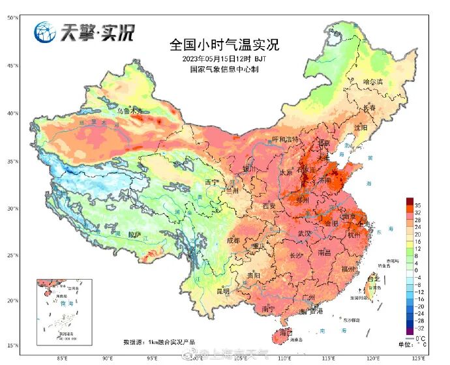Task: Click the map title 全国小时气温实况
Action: pyautogui.click(x=224, y=45)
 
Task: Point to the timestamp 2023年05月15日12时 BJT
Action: pyautogui.click(x=224, y=59)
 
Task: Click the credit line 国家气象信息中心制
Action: pyautogui.click(x=224, y=68)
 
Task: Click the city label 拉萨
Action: pyautogui.click(x=135, y=233)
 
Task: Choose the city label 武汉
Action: pyautogui.click(x=304, y=233)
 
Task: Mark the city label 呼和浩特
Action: pyautogui.click(x=285, y=139)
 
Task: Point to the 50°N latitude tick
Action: pyautogui.click(x=12, y=18)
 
